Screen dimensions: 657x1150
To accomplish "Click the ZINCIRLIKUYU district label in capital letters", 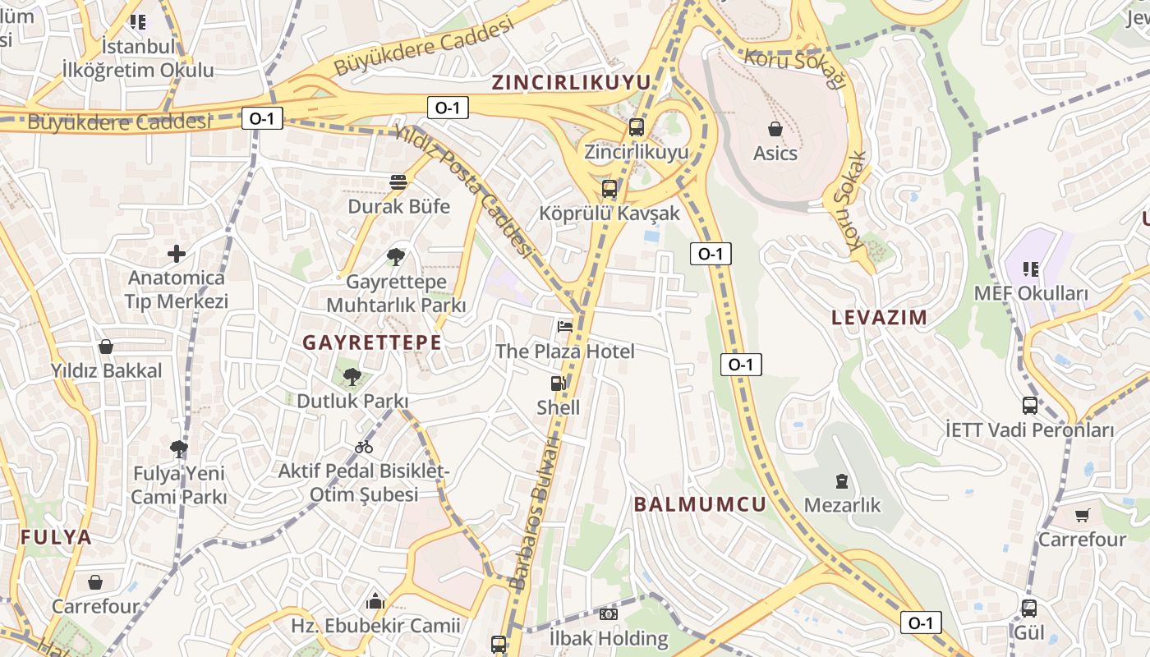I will (571, 82).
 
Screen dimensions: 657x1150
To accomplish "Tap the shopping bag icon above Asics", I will (775, 129).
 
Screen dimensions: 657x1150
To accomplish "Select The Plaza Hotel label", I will (564, 351).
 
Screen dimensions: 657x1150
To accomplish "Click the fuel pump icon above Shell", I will (559, 383).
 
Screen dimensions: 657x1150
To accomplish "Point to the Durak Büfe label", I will (399, 206).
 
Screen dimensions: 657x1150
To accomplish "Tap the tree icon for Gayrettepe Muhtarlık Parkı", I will (396, 256).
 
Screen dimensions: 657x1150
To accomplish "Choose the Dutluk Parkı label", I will (352, 402).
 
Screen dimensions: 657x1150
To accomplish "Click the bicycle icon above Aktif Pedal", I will (364, 447).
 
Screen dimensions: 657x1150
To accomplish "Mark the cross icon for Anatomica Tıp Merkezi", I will (176, 254).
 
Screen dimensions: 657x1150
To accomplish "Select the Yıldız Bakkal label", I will (107, 370).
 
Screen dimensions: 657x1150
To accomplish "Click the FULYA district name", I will (56, 538).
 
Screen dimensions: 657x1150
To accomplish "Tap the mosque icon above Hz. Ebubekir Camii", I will (375, 601).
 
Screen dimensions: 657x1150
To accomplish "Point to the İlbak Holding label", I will (609, 638).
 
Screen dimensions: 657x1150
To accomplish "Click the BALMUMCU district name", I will (700, 504).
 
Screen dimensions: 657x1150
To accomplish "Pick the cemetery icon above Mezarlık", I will (841, 480).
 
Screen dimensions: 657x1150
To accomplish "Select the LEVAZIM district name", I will (879, 317).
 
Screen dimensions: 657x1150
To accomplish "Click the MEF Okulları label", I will (1031, 293).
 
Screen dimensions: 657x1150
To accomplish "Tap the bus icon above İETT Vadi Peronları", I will (1029, 405).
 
